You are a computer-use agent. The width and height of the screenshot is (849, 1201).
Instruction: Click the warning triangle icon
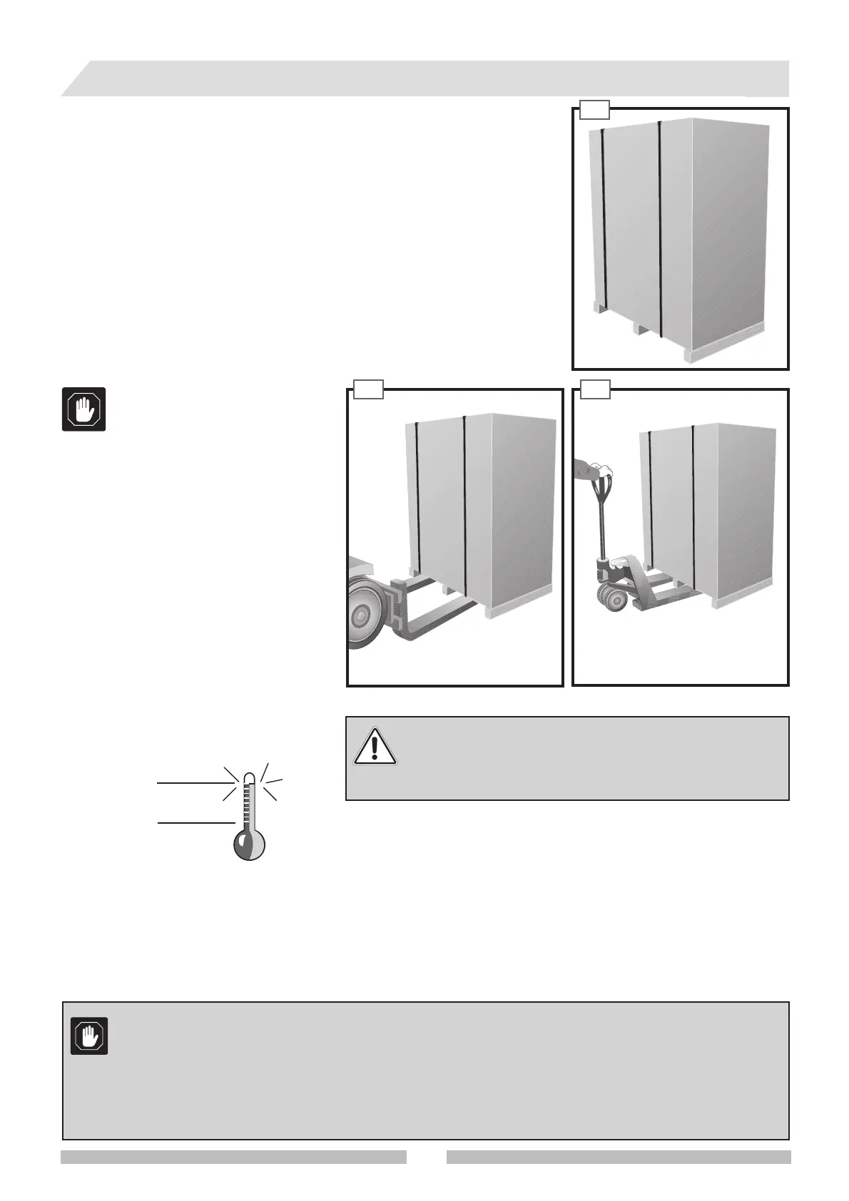point(375,746)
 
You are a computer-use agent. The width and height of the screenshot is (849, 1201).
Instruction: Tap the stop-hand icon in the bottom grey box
point(89,1036)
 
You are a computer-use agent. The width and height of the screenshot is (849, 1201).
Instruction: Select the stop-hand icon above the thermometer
point(84,409)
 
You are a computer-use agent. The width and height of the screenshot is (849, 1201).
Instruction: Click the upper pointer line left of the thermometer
point(193,782)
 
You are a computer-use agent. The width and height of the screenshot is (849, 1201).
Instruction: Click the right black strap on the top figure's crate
point(660,228)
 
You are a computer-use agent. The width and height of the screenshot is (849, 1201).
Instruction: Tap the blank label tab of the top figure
point(594,109)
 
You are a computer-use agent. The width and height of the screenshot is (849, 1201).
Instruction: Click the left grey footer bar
point(233,1156)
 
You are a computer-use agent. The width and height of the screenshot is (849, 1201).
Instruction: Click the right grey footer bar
point(619,1156)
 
